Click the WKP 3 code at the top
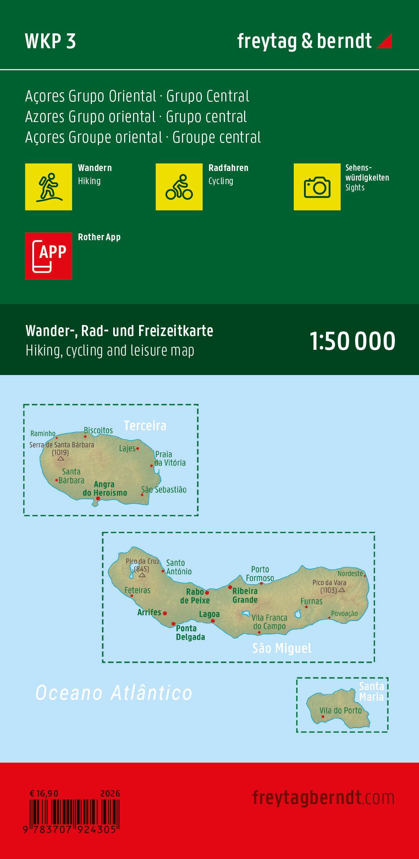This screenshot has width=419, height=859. pyautogui.click(x=50, y=42)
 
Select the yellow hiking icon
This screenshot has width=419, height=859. pyautogui.click(x=49, y=187)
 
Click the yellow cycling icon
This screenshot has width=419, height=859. pyautogui.click(x=179, y=187)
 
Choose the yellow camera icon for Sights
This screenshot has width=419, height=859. pyautogui.click(x=317, y=187)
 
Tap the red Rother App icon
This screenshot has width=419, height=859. pyautogui.click(x=49, y=256)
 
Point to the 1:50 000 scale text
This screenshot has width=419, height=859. pyautogui.click(x=353, y=341)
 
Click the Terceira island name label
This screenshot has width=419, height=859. pyautogui.click(x=145, y=425)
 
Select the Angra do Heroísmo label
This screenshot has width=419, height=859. pyautogui.click(x=105, y=489)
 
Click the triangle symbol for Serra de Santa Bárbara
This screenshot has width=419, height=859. pyautogui.click(x=61, y=458)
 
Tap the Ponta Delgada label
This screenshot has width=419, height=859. pyautogui.click(x=191, y=633)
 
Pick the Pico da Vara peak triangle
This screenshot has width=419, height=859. pyautogui.click(x=342, y=590)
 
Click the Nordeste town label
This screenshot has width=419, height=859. pyautogui.click(x=350, y=573)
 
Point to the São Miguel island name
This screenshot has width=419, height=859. pyautogui.click(x=282, y=648)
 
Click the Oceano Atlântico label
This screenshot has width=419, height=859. pyautogui.click(x=114, y=693)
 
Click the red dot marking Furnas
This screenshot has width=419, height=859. pyautogui.click(x=307, y=607)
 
